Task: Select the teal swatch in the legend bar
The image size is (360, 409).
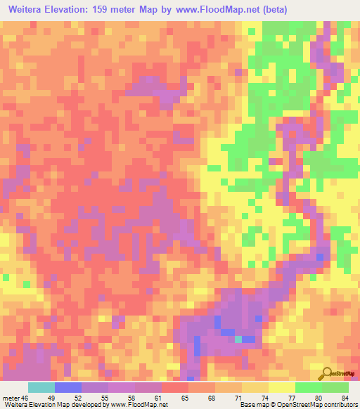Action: click(x=41, y=387)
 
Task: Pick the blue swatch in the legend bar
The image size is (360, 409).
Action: click(x=68, y=387)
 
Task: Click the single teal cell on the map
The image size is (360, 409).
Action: click(x=238, y=339)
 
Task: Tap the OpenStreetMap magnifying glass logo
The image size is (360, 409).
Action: click(x=328, y=373)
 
